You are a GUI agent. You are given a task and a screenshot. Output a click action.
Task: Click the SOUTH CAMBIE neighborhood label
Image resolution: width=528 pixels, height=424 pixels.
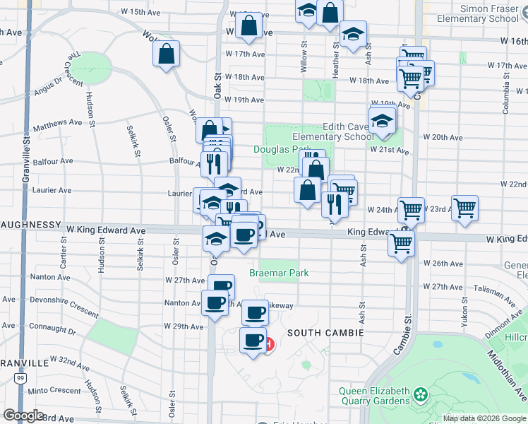pos(325,332)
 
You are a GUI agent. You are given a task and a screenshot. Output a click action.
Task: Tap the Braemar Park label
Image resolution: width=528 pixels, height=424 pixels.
pos(279,273)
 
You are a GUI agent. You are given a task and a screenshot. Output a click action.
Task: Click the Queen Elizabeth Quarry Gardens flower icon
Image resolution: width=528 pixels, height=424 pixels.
pos(421,394)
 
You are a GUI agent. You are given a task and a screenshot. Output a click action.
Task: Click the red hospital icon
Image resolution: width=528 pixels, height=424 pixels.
pos(270,344)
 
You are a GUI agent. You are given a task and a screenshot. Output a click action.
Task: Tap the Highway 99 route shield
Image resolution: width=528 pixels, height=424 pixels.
pos(21,379)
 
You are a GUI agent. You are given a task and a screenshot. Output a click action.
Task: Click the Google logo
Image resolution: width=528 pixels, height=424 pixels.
pos(23,416)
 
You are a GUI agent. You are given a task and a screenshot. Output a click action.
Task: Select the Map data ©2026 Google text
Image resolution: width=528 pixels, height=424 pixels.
pos(484,418)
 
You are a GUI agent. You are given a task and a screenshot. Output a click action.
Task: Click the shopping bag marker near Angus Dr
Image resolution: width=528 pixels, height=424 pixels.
pos(166,54)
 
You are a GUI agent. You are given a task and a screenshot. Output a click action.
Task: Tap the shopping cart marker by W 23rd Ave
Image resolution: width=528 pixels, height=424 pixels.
pos(464,208)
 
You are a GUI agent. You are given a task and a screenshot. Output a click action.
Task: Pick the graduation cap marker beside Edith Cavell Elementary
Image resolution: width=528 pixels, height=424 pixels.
pos(382,121)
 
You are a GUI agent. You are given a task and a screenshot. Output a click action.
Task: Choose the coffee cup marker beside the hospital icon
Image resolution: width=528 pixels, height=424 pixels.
pos(253,341)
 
